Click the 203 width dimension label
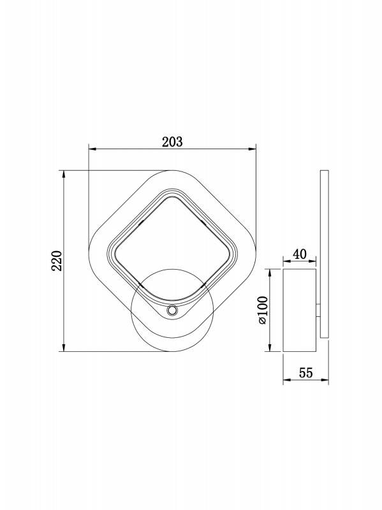172,142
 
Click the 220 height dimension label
57,261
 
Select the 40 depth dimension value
300,254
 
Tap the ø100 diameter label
262,310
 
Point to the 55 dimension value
306,373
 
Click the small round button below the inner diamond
172,310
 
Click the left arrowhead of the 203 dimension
92,149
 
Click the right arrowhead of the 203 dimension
253,149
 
